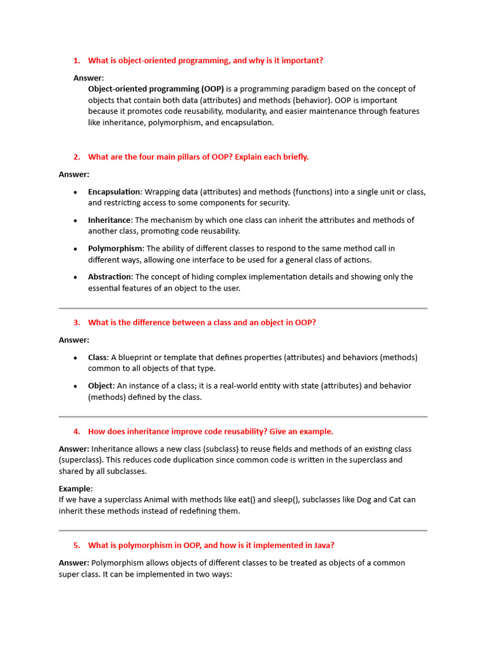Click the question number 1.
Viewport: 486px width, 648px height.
(x=76, y=61)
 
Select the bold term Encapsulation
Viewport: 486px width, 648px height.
(x=115, y=192)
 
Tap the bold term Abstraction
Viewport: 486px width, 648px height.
(x=109, y=277)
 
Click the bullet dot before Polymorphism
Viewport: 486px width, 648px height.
(x=76, y=249)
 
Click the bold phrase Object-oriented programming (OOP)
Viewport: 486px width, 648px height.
(x=156, y=89)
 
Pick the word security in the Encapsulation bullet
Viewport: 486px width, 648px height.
(x=272, y=203)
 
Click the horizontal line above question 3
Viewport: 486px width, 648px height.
(x=243, y=308)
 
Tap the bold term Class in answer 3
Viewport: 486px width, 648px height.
(x=97, y=358)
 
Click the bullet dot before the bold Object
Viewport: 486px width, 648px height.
(x=76, y=386)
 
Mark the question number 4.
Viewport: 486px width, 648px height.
(x=76, y=432)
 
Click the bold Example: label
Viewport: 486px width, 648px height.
(x=75, y=489)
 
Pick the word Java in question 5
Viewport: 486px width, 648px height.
(x=323, y=545)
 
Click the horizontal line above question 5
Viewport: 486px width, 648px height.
(x=243, y=530)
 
